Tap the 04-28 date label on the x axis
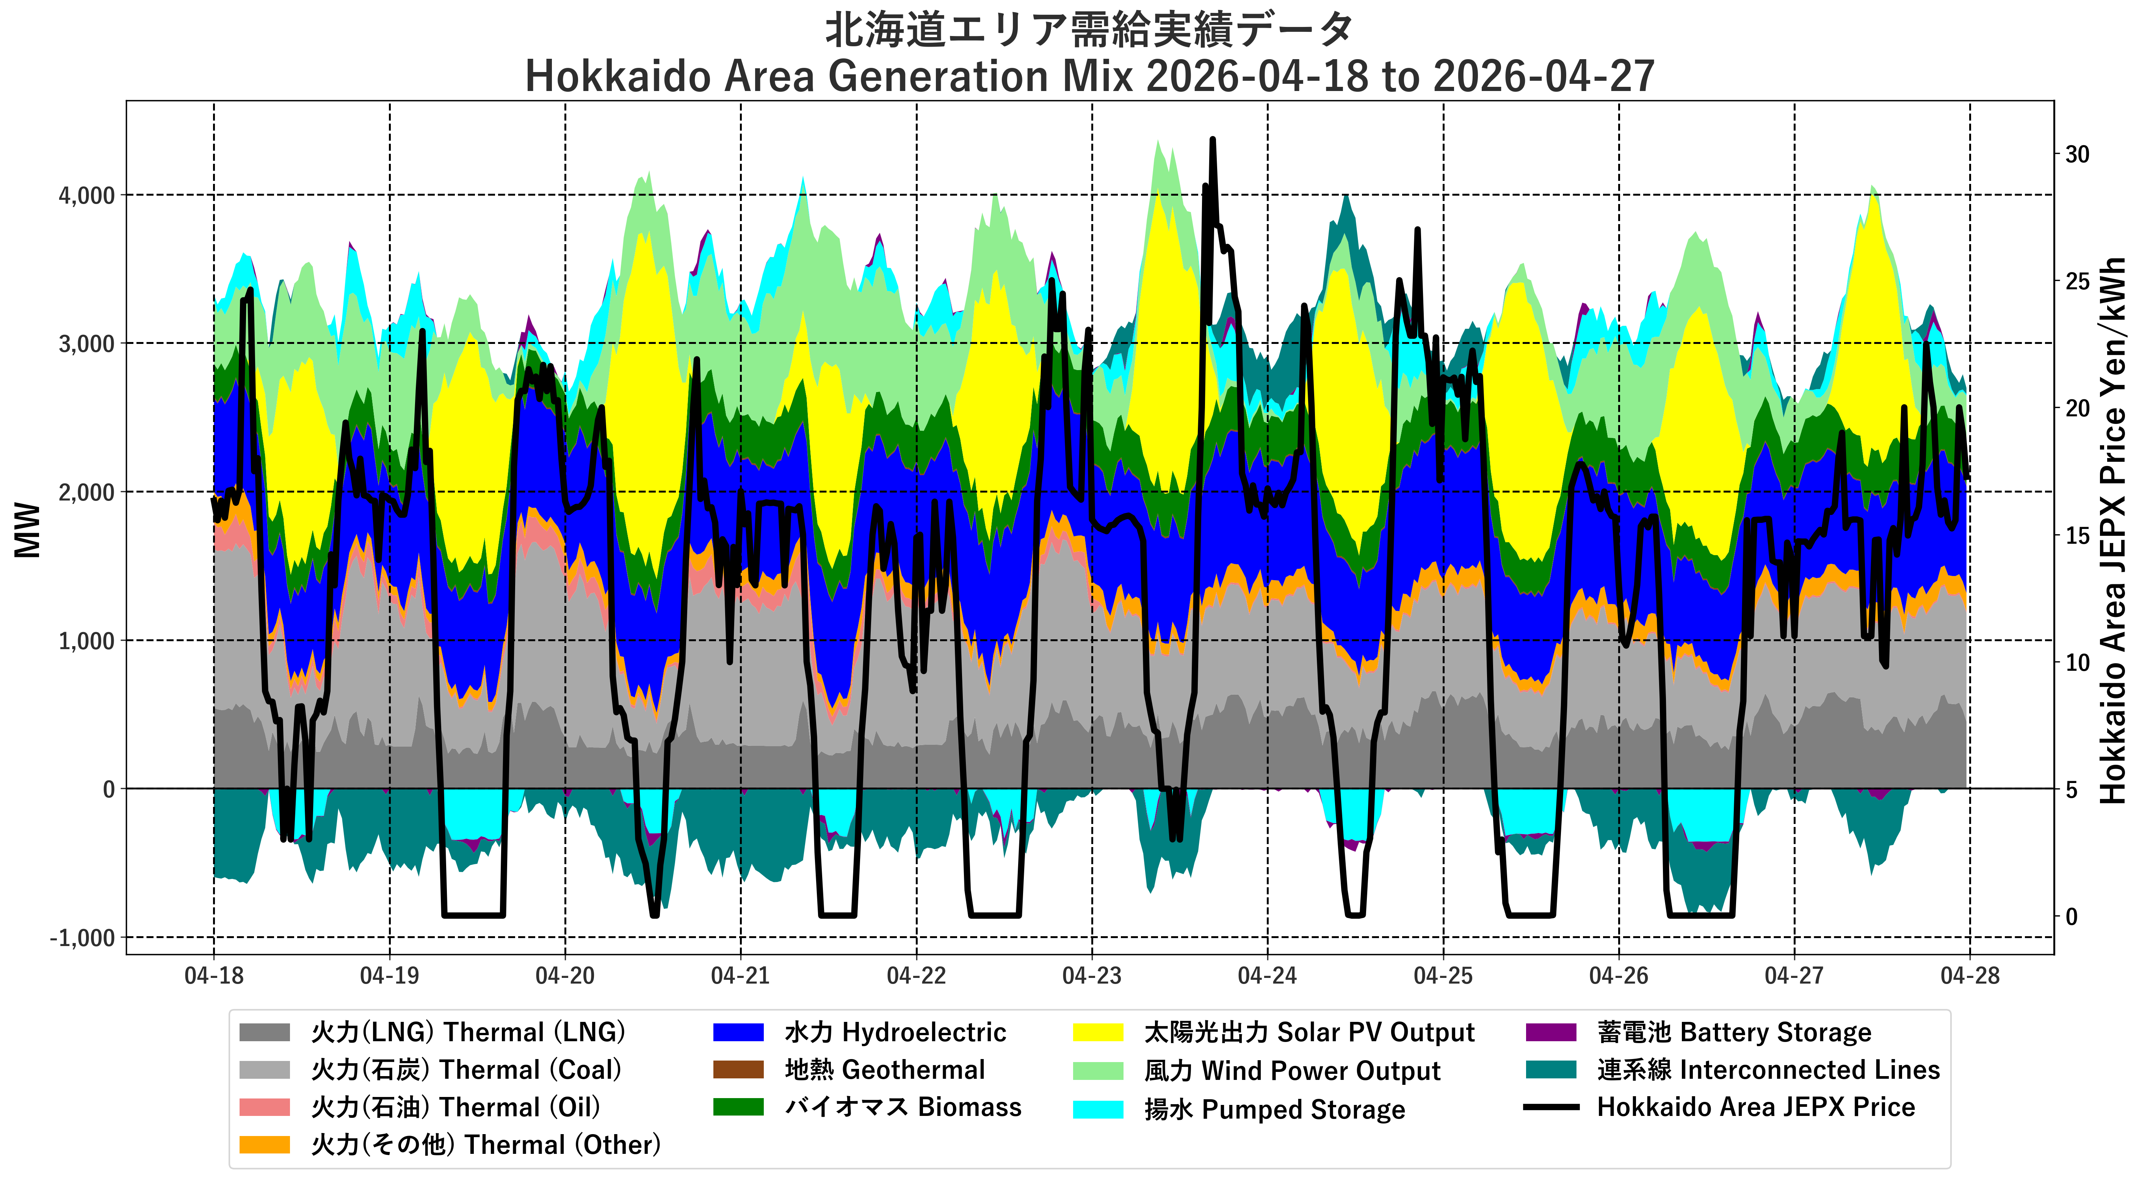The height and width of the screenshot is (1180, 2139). [1970, 976]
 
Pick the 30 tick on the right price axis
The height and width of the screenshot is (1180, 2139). [2078, 154]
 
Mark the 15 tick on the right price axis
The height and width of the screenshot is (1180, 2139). [2078, 536]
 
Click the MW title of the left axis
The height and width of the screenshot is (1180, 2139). [27, 530]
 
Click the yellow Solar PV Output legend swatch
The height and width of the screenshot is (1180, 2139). [1098, 1032]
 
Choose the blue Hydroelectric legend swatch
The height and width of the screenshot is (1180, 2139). [738, 1032]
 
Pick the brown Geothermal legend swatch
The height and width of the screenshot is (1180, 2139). [738, 1070]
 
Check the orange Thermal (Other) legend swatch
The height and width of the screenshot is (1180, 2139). [264, 1144]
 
